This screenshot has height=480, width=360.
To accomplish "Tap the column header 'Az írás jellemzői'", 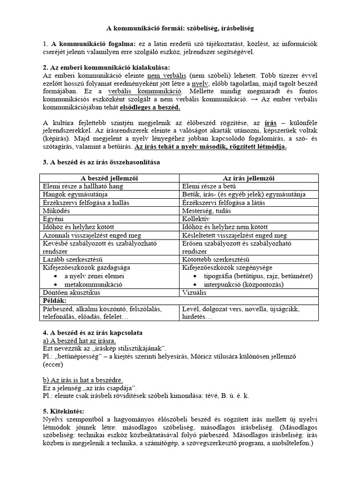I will coord(248,178).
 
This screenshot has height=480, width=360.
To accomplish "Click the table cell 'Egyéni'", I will coord(53,218).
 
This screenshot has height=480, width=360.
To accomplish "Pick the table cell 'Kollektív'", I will coord(195,218).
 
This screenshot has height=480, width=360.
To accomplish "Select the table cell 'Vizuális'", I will coord(195,292).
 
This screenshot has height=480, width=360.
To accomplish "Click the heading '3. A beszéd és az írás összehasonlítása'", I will coord(101,162).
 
